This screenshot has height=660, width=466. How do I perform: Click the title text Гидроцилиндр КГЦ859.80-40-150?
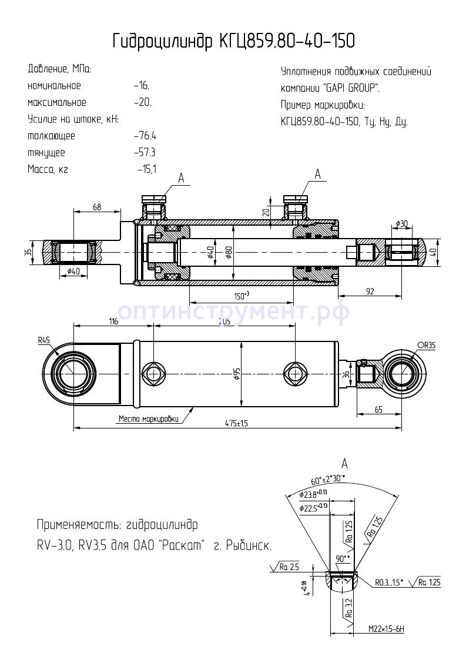pos(233,41)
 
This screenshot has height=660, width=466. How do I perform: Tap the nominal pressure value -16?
pos(142,86)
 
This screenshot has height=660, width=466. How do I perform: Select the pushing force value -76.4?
pos(145,136)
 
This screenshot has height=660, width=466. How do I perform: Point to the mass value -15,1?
pos(147,169)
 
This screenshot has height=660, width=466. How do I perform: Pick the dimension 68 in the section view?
pos(97,207)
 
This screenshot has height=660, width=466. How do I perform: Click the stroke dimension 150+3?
pos(241,294)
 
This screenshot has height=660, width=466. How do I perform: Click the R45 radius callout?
pos(45,340)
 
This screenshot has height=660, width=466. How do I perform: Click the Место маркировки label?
pos(148,419)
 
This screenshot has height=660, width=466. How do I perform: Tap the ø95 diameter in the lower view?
pos(237,374)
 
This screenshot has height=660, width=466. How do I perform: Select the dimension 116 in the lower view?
pos(113,321)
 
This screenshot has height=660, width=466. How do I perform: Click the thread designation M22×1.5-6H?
pos(386,629)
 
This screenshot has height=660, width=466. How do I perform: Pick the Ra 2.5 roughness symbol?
pos(286,568)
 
